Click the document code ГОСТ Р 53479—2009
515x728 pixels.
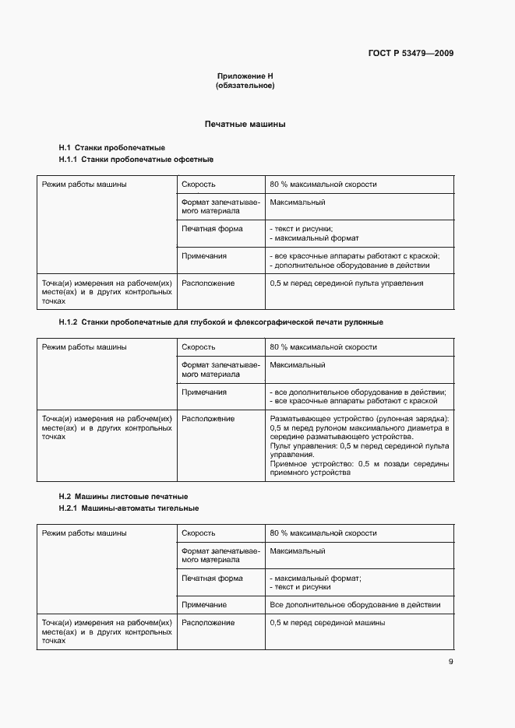coord(411,54)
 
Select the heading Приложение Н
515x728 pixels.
coord(245,76)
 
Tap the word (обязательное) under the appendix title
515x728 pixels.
coord(245,86)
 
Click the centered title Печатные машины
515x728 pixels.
coord(245,124)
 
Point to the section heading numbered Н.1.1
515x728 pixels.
coord(136,160)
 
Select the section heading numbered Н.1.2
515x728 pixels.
coord(220,322)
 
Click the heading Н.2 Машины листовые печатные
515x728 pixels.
coord(123,497)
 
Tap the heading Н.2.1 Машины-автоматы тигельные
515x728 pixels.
coord(129,508)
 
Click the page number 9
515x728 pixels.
coord(450,662)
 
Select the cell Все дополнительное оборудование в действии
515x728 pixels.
coord(355,604)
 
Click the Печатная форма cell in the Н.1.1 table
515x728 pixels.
coord(212,229)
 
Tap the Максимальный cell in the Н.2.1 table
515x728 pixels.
coord(298,551)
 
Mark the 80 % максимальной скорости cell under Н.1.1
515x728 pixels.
coord(323,185)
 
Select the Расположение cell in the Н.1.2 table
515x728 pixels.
coord(208,419)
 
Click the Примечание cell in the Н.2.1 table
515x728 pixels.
coord(204,604)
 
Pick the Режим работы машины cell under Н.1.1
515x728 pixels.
coord(84,185)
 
